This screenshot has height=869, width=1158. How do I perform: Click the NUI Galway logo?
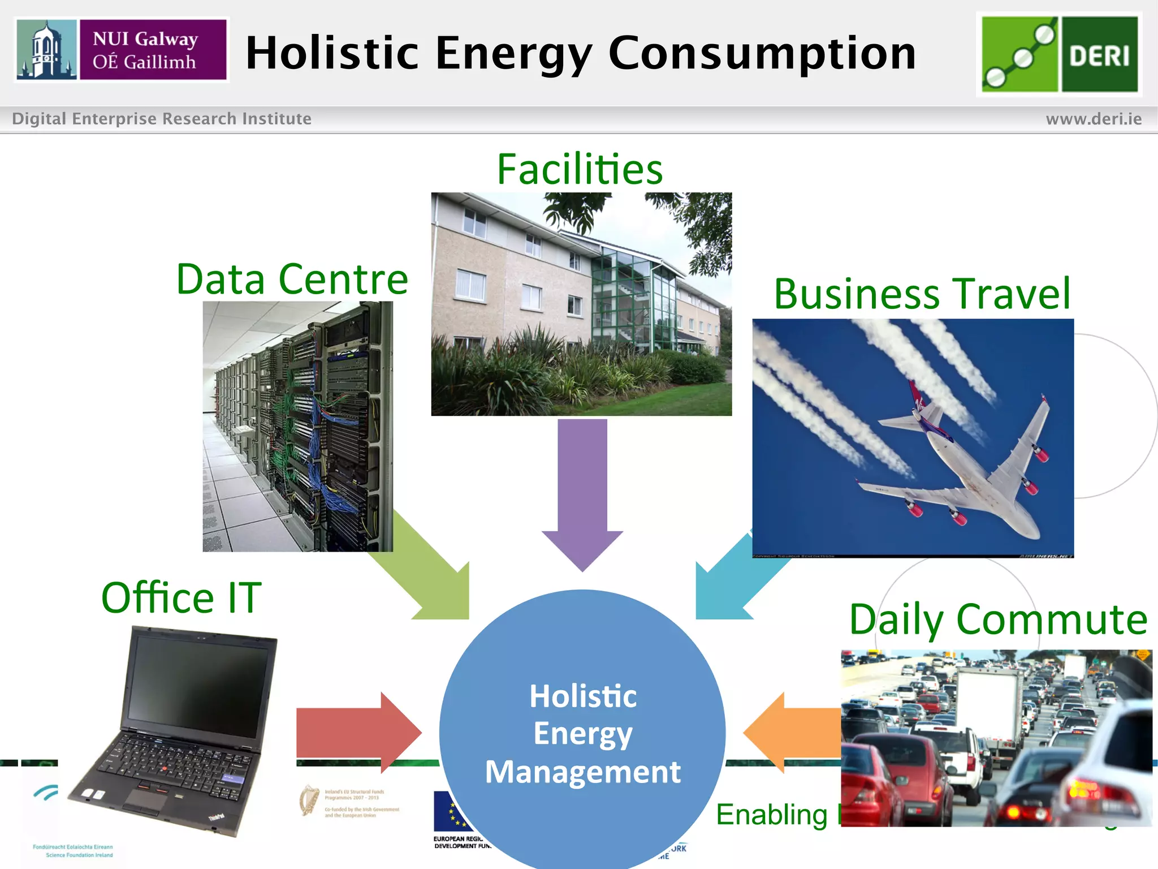(121, 50)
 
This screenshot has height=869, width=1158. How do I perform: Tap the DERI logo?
(1059, 54)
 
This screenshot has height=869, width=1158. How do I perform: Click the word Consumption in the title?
(762, 53)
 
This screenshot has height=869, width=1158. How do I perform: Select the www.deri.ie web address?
(1094, 119)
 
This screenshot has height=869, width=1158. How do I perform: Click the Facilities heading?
(580, 169)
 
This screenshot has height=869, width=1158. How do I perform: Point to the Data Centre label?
(292, 279)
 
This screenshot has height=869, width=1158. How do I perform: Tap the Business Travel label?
(922, 294)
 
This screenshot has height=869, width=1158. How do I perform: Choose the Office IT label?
(181, 597)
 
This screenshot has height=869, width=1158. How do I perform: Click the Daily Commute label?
(998, 620)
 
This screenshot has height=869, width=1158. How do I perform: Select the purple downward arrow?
(582, 492)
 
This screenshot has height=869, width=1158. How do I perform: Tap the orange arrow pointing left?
(792, 732)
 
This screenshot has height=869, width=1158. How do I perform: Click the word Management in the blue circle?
(582, 772)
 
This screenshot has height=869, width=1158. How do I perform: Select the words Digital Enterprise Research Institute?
(162, 119)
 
